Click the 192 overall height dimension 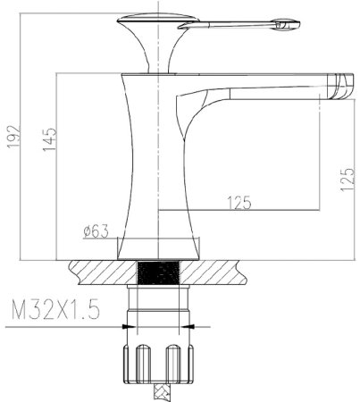[x=13, y=137]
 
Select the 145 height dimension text [x=49, y=139]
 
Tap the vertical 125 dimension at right [x=347, y=180]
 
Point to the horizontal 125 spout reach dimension [x=239, y=203]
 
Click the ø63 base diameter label [x=96, y=231]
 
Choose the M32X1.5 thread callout [x=55, y=310]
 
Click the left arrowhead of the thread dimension [x=129, y=327]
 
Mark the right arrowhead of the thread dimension [x=187, y=327]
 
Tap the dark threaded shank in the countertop [x=159, y=272]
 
